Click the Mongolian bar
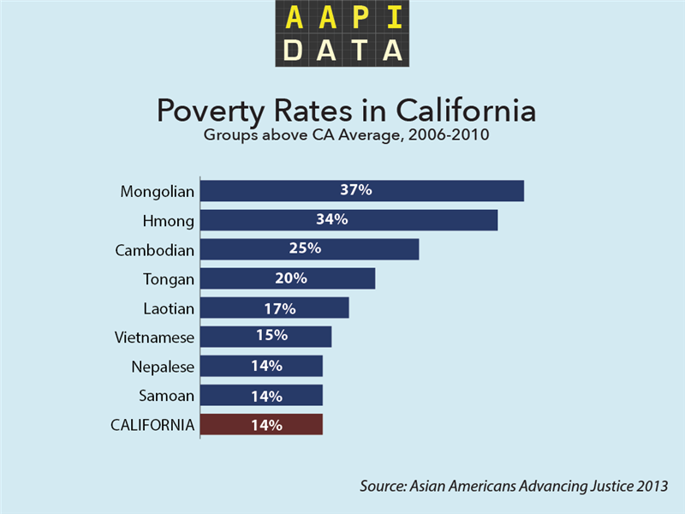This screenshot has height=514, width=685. tap(362, 191)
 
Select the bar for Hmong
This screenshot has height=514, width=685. tap(349, 220)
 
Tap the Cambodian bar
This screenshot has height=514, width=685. tap(310, 249)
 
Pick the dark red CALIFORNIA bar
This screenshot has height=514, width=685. tap(262, 424)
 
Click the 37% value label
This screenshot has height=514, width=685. tap(355, 190)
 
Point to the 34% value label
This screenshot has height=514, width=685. tap(331, 220)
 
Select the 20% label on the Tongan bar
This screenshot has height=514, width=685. tap(290, 278)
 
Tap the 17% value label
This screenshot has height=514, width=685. tap(280, 308)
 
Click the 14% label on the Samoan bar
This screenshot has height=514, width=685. tap(266, 396)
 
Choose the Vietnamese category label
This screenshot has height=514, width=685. tap(155, 338)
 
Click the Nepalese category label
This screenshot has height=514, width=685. tap(163, 367)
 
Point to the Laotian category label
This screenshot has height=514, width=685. tap(169, 308)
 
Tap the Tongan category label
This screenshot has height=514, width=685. tap(169, 279)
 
